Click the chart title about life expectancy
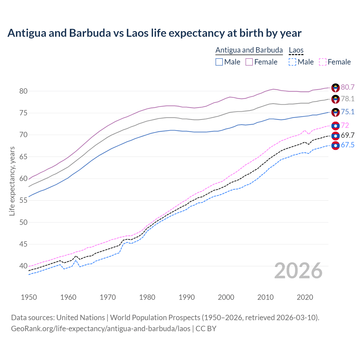pos(154,33)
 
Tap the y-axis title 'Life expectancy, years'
pos(12,181)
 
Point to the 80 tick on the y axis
pos(23,91)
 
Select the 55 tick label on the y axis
pos(23,201)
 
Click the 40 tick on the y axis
pos(23,266)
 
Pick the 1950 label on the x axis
pos(29,297)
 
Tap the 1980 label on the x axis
pos(147,297)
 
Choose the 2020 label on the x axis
pos(305,297)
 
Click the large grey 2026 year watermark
pos(298,271)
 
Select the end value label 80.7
pos(348,87)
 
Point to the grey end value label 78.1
pos(348,99)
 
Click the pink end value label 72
pos(345,125)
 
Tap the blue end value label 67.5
pos(348,145)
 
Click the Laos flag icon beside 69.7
pos(335,136)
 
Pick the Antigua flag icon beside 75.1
pos(335,112)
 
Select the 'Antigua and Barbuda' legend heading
pos(249,50)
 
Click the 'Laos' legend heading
pos(296,50)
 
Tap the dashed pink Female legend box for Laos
pos(323,62)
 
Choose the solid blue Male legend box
pos(219,62)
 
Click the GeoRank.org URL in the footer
pos(101,329)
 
